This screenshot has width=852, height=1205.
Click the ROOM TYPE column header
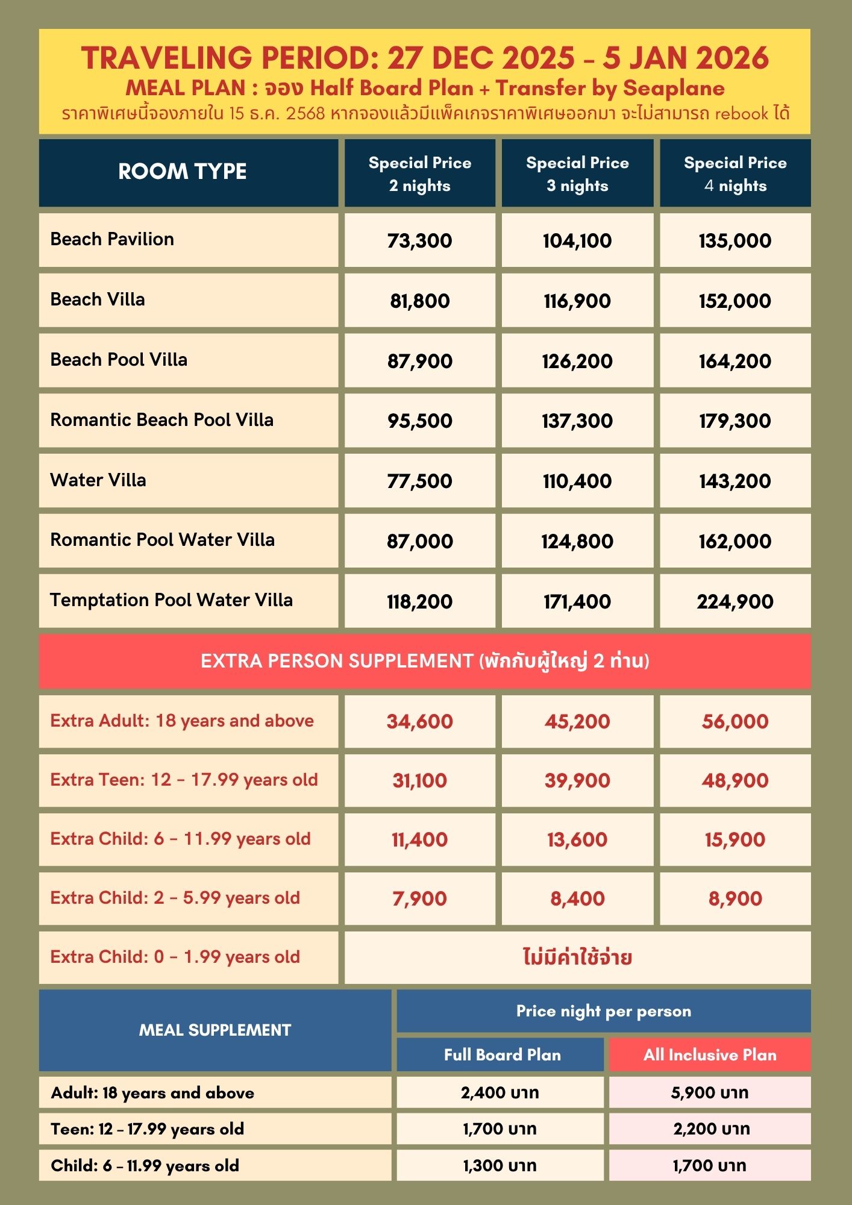tap(182, 172)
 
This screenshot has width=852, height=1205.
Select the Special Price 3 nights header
tap(577, 174)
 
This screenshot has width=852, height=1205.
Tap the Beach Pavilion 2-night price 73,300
tap(419, 240)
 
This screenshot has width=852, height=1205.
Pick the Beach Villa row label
tap(98, 299)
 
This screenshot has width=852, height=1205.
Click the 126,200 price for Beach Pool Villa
tap(577, 361)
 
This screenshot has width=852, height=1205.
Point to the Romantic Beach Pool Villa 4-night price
tap(735, 421)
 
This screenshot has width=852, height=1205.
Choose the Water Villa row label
tap(98, 480)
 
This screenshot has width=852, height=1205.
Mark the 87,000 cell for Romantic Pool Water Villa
tap(419, 541)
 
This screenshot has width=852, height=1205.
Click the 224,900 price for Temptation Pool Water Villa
tap(735, 601)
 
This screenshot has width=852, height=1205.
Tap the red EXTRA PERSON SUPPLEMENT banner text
tap(425, 661)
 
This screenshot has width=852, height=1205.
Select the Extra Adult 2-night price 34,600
tap(419, 721)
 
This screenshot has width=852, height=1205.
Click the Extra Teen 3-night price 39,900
tap(577, 780)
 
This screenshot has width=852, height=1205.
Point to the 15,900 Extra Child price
tap(735, 839)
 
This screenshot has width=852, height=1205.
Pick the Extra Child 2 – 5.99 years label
tap(175, 898)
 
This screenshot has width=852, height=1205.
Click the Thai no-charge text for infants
tap(577, 957)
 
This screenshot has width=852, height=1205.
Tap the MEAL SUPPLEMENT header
tap(215, 1030)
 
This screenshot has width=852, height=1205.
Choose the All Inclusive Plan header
tap(710, 1054)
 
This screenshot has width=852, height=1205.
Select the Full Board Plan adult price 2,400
tap(500, 1092)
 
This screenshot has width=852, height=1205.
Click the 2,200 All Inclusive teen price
tap(711, 1128)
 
